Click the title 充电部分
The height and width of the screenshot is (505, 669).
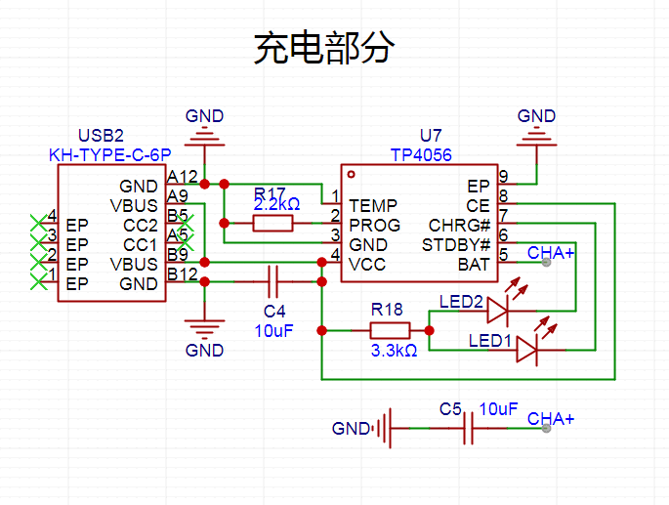324,48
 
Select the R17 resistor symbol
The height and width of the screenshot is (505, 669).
272,224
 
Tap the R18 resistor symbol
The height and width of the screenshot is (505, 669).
390,331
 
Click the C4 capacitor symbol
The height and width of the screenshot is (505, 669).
273,281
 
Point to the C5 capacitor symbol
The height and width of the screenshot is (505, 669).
469,428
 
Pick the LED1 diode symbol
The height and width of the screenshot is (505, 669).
527,350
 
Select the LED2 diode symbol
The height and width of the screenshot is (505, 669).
498,311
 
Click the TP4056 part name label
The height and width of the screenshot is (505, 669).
421,155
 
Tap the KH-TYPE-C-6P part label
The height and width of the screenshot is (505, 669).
110,155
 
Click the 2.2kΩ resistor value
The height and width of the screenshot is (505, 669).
277,204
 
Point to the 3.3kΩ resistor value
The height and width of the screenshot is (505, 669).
394,351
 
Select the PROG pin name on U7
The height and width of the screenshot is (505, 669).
375,225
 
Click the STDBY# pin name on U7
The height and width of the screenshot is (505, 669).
456,245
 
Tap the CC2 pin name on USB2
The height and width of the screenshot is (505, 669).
141,225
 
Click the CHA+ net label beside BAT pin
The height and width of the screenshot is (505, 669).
551,253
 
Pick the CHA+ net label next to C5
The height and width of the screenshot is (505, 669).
551,419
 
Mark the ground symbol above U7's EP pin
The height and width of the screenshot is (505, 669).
537,139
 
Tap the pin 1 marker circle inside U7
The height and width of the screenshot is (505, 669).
352,174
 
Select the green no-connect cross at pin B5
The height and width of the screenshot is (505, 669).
186,224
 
